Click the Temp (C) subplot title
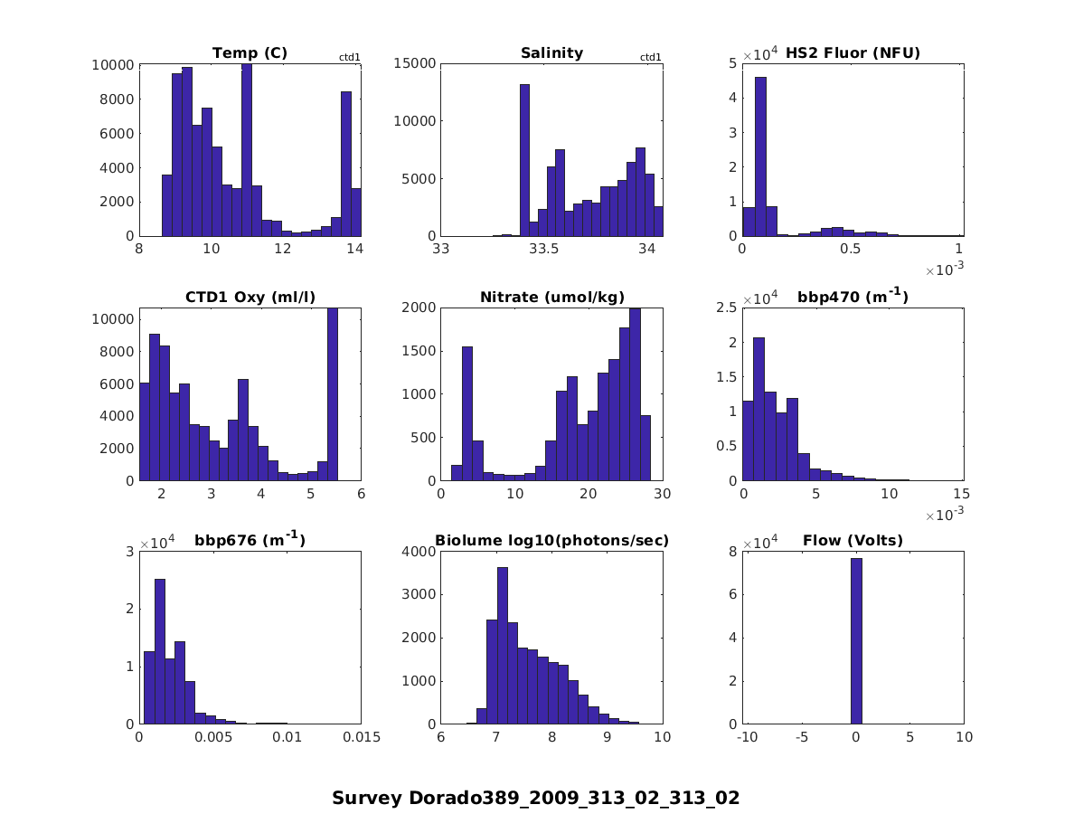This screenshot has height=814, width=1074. coord(250,53)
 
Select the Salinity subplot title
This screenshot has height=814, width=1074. coord(551,53)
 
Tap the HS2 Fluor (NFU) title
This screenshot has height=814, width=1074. coord(853,53)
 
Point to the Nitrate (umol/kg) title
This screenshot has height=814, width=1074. coord(551,298)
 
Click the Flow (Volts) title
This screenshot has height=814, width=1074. coord(853,541)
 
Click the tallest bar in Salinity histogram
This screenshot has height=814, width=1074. coord(524,159)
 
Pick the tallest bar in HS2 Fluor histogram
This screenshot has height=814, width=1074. coord(760,156)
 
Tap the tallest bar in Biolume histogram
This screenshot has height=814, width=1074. coord(503,645)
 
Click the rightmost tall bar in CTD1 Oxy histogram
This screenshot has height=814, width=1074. coord(333,393)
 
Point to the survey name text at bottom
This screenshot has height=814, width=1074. coord(535,798)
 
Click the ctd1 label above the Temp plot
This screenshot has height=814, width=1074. coord(350,57)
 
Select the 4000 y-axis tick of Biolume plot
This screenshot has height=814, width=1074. coord(419,552)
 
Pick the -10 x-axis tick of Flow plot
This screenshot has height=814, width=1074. coord(747,737)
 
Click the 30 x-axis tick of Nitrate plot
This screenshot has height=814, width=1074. coord(663,494)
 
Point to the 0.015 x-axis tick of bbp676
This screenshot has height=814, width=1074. coord(361,737)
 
